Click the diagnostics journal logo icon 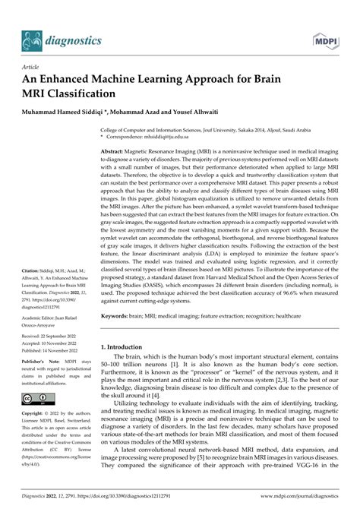[31, 39]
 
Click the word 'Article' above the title [32, 67]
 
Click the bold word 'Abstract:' [115, 153]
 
